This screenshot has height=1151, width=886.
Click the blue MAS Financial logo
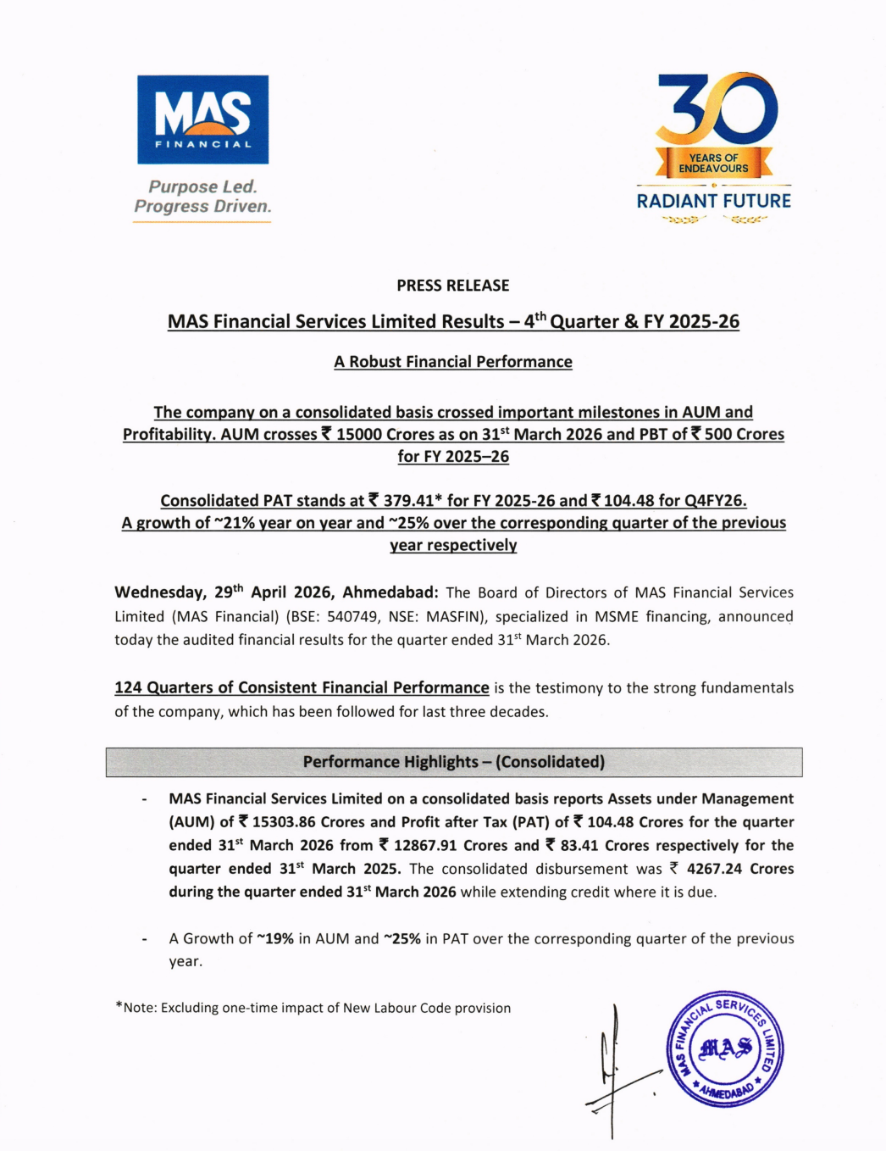click(202, 120)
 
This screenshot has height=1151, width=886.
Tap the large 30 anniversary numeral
click(717, 108)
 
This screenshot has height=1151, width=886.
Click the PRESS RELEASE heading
click(453, 286)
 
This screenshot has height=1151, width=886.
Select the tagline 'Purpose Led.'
click(202, 186)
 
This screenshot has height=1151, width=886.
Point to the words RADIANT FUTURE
click(713, 201)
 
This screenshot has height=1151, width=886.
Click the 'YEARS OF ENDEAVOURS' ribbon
click(713, 163)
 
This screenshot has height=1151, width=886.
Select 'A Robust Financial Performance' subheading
click(453, 362)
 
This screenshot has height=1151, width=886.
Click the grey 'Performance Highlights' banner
click(453, 762)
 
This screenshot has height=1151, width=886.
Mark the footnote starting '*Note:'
click(313, 1008)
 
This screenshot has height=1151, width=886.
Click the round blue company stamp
click(725, 1049)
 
